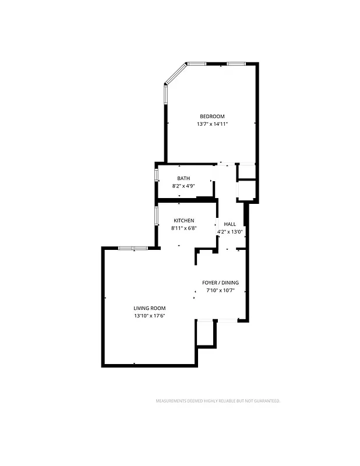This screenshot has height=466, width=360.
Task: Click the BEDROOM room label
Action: (212, 116)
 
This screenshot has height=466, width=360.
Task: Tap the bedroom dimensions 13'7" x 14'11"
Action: (212, 124)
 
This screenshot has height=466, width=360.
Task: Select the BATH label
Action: (183, 179)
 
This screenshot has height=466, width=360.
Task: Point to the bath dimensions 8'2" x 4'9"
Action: (183, 186)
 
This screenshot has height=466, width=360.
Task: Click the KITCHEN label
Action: (184, 221)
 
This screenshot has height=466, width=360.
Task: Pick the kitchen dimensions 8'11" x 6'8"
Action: (184, 228)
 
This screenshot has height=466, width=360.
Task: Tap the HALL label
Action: (230, 224)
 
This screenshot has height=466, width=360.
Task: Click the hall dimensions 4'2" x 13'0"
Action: (230, 232)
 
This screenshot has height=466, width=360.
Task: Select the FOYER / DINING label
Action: (220, 283)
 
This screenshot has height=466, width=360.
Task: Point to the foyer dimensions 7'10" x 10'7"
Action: (220, 291)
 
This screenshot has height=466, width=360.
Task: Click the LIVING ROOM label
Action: (150, 308)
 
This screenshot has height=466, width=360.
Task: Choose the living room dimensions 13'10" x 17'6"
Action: (150, 316)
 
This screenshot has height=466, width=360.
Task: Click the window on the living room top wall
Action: (133, 248)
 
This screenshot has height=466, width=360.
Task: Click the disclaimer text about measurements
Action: (217, 401)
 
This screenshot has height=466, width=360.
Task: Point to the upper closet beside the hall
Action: (246, 171)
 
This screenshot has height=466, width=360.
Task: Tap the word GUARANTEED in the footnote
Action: (267, 401)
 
